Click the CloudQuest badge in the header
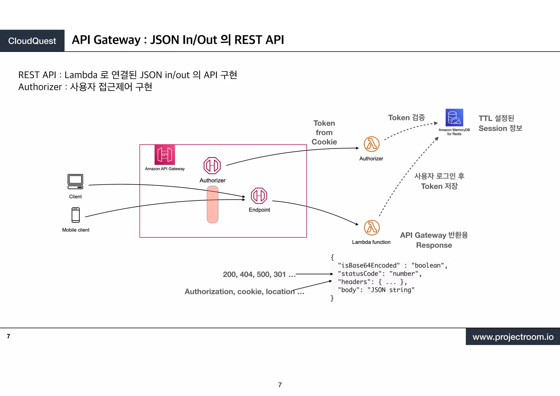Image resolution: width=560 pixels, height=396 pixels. point(32,41)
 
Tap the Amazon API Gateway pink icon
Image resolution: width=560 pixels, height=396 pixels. point(165,155)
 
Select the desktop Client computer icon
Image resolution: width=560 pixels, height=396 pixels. point(75,182)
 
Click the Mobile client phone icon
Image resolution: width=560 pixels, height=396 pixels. point(75,215)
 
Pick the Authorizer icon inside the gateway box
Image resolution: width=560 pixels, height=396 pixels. point(212,165)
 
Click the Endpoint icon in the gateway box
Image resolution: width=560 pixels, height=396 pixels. point(259,196)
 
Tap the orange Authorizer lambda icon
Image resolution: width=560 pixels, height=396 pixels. point(371,144)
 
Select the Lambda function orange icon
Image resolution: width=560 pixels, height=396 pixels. point(372,228)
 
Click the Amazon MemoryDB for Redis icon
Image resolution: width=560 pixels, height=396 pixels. point(454,118)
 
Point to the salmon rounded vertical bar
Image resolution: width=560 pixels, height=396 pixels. point(212,205)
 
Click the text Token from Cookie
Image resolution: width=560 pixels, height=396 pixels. point(324,133)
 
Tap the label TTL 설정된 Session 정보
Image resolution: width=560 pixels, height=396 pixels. point(500,123)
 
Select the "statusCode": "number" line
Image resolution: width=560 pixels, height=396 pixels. point(380,274)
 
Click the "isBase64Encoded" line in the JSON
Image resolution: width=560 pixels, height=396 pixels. point(392,266)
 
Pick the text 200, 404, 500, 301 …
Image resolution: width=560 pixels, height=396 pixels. point(259,274)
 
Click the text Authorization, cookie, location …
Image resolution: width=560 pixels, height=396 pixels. point(244,292)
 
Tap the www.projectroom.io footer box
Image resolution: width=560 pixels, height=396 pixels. point(513,337)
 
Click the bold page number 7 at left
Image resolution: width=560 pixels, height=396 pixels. point(8,336)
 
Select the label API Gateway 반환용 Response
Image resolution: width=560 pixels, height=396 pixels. point(434,240)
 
